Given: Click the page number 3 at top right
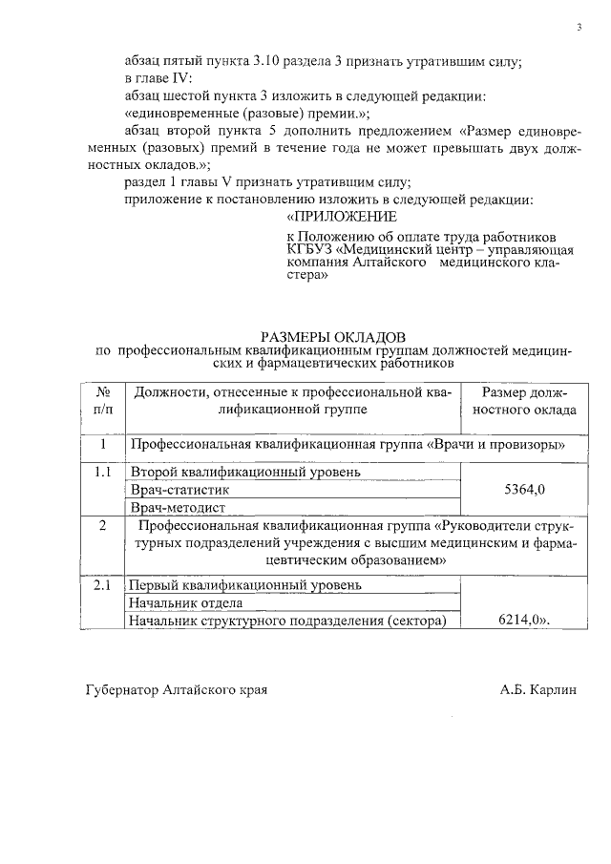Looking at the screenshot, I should coord(579,26).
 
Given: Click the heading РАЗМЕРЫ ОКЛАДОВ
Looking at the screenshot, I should coord(333,336).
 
